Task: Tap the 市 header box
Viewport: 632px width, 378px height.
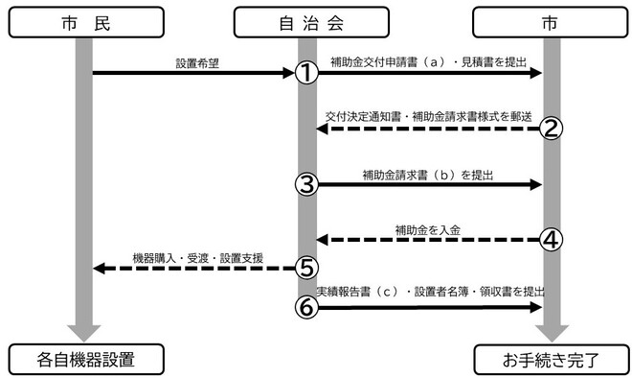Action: pos(550,20)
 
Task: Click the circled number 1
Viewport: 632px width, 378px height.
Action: pos(306,73)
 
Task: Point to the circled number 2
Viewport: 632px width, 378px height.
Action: pos(549,129)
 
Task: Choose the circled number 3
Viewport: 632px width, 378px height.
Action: pos(306,184)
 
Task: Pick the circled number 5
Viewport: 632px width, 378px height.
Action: pos(306,268)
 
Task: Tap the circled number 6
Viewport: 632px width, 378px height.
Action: pos(306,306)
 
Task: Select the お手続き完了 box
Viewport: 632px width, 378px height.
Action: pos(550,361)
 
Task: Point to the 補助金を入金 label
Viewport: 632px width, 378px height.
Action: pos(428,230)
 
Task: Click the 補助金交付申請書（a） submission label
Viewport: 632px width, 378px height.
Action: pos(429,63)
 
